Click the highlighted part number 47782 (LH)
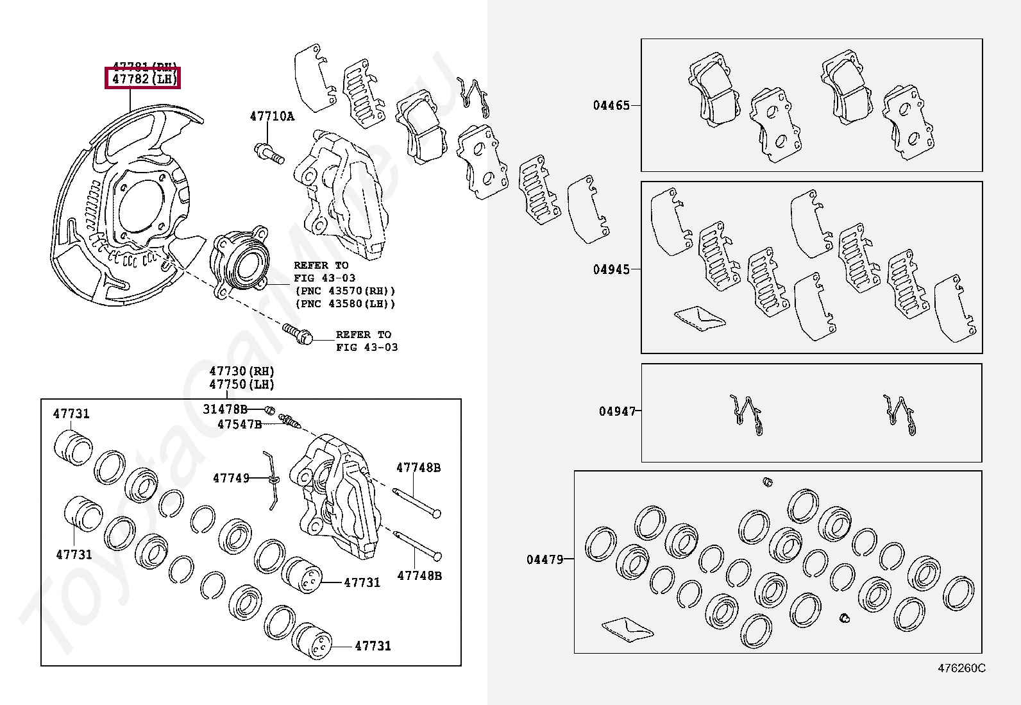[143, 79]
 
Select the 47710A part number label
[272, 116]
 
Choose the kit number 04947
[617, 411]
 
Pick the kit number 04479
[545, 559]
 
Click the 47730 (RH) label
[241, 371]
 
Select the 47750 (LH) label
[241, 384]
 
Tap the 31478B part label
[225, 409]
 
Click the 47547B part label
[239, 424]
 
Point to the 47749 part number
[231, 478]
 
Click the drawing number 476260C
[961, 668]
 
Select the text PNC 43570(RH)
[345, 291]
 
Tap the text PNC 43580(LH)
[345, 304]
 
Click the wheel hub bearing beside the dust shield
[239, 263]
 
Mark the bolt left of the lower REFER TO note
[298, 334]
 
